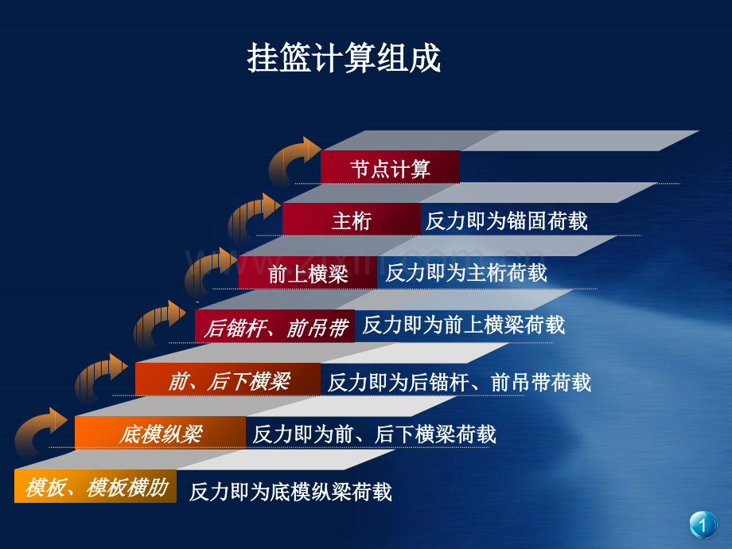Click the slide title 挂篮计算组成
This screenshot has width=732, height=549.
point(344,58)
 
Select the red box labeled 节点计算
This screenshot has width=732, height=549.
point(391,167)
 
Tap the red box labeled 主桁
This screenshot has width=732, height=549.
point(352,219)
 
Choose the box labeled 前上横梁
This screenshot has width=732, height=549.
point(308,273)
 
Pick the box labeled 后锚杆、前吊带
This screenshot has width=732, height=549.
point(275,326)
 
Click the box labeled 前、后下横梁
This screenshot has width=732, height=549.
point(228,380)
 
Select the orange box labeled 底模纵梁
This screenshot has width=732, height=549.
point(160,433)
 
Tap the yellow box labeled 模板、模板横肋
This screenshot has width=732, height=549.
point(95,486)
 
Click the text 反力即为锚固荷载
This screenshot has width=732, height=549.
point(507,221)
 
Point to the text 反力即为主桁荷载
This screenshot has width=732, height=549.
point(466,273)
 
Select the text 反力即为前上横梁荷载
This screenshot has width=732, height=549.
point(464,325)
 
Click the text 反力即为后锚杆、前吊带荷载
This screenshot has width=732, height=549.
point(459,383)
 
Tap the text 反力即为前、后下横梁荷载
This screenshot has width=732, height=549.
point(375,434)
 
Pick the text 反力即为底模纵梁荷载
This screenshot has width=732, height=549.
point(290,492)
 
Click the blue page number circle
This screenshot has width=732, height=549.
point(703,524)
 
